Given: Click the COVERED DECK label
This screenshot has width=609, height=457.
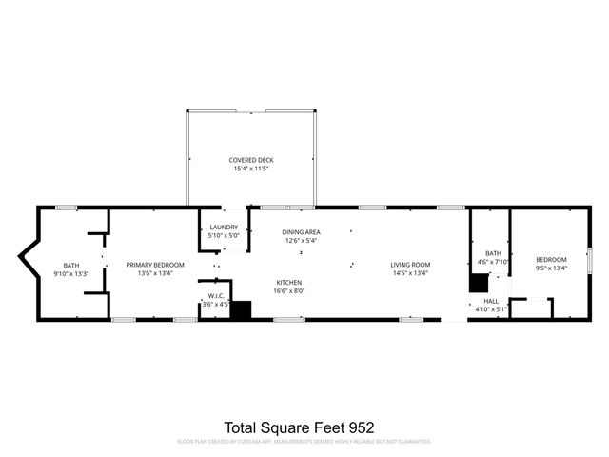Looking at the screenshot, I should point(250,160).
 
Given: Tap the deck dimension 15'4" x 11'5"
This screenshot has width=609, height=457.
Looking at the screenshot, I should point(250,169).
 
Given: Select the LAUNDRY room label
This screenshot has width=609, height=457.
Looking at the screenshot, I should point(224,227).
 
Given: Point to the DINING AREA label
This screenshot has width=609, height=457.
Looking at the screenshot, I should point(301,232).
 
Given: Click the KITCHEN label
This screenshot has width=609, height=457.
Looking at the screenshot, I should point(289,283).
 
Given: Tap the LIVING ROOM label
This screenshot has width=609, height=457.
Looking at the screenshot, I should point(410,265).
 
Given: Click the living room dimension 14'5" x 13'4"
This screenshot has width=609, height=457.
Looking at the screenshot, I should point(410,273).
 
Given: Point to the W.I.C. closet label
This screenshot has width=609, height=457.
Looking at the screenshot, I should point(216,295).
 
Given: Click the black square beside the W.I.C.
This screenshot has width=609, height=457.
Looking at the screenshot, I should point(241,309).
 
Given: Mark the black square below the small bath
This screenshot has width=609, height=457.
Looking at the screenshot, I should point(478,283).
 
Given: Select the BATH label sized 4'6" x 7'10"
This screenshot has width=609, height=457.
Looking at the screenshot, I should point(493,252).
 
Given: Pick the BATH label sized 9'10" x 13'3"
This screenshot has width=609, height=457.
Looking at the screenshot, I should point(71,265).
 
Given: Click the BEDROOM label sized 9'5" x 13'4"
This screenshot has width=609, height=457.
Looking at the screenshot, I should point(550,259).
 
